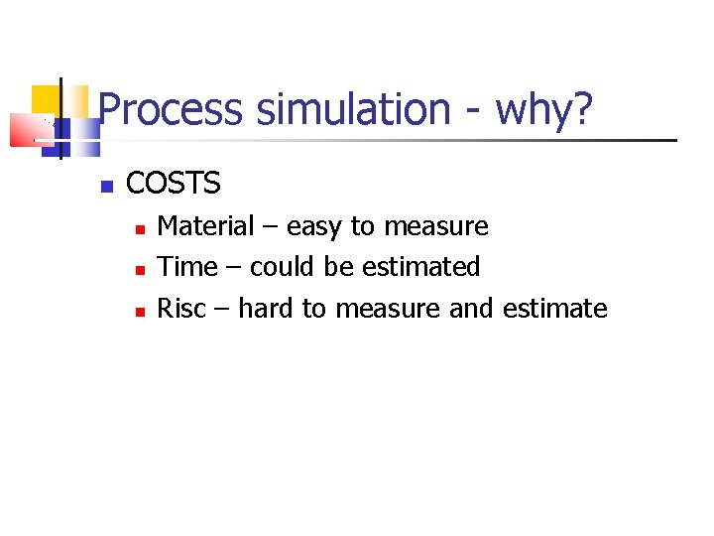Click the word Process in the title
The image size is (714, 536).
click(171, 109)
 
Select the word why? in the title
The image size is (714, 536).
click(543, 109)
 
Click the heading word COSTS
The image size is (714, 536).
click(174, 183)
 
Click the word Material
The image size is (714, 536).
click(206, 226)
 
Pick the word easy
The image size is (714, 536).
click(315, 227)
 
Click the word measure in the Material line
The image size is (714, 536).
click(435, 227)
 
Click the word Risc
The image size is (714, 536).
click(181, 309)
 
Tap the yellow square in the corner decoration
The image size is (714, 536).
click(47, 100)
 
